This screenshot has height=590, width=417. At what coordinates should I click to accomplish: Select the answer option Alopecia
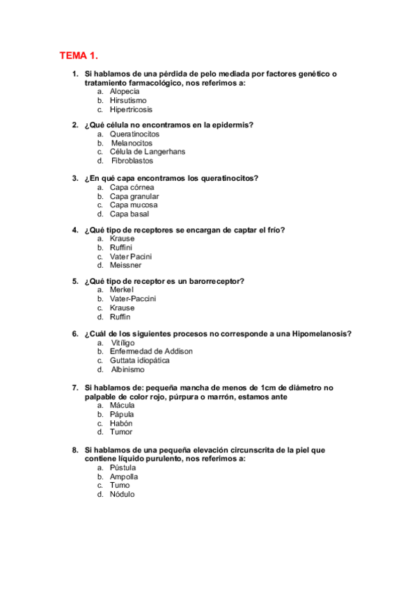(x=125, y=91)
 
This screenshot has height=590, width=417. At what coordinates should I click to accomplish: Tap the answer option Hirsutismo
(x=128, y=100)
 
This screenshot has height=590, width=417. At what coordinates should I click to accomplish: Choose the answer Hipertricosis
(x=131, y=109)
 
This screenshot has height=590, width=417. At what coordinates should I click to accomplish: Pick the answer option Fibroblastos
(x=132, y=161)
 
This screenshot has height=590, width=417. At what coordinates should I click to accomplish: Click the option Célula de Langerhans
(x=147, y=152)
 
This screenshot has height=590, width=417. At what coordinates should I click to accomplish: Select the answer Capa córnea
(x=132, y=187)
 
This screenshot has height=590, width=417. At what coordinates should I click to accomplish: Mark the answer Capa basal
(x=129, y=214)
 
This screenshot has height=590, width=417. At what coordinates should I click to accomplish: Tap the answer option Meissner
(x=125, y=265)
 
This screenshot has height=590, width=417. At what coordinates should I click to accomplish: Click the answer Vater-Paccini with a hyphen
(x=133, y=298)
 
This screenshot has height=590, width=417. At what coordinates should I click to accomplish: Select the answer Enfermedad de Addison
(x=151, y=351)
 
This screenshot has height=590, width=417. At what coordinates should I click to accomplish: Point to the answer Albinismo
(x=128, y=369)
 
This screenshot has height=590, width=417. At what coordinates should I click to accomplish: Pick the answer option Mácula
(x=123, y=405)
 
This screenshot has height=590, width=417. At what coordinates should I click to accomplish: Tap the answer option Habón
(x=121, y=423)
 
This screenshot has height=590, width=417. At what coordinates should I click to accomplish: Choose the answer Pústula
(x=123, y=468)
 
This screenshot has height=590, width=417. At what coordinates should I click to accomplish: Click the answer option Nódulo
(x=123, y=494)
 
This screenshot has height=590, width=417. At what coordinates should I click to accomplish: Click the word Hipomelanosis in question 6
(x=320, y=334)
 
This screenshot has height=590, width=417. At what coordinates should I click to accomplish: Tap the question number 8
(x=74, y=450)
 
